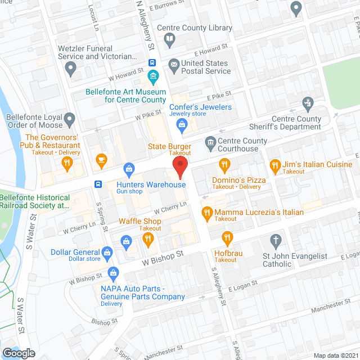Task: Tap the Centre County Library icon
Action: coord(169,39)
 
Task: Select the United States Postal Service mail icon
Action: coord(174,65)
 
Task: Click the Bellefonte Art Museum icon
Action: coord(152,76)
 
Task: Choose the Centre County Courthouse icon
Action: coord(210,141)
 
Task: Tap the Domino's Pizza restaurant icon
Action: coord(224,165)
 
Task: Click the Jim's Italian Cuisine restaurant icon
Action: coord(274,165)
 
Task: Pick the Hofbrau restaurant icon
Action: coord(227,237)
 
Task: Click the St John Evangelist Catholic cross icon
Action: coord(276,241)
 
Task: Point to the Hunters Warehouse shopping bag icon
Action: coord(129,168)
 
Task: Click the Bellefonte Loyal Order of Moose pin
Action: coord(69,119)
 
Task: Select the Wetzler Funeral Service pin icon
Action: coord(70,69)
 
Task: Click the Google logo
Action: coord(19,353)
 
